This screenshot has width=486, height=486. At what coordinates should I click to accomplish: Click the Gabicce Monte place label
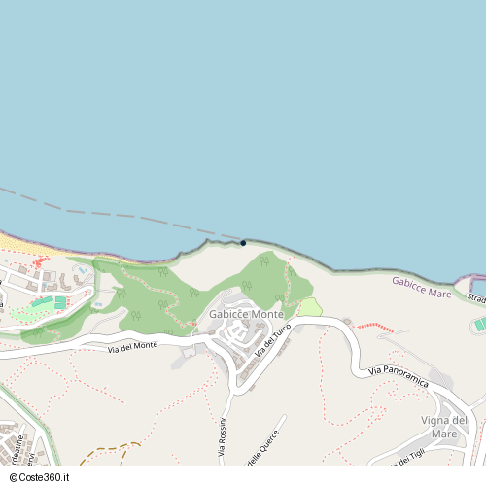pyautogui.click(x=246, y=315)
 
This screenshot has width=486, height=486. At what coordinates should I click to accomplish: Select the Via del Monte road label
pyautogui.click(x=132, y=346)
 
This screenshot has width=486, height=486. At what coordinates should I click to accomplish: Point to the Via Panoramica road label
pyautogui.click(x=399, y=377)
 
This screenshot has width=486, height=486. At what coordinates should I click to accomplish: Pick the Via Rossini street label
pyautogui.click(x=223, y=436)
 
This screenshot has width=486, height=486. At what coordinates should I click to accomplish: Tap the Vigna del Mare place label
pyautogui.click(x=445, y=426)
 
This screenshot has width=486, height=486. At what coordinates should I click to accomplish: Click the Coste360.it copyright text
pyautogui.click(x=41, y=478)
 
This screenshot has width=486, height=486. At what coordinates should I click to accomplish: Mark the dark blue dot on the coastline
pyautogui.click(x=243, y=243)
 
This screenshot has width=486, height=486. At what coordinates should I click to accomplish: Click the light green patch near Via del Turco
pyautogui.click(x=310, y=307)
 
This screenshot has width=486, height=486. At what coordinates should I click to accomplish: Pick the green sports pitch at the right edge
pyautogui.click(x=479, y=324)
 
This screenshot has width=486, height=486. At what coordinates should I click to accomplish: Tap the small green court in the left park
pyautogui.click(x=60, y=303)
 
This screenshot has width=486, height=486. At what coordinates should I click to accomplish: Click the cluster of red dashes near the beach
pyautogui.click(x=39, y=262)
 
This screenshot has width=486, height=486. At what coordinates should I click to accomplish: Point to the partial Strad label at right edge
pyautogui.click(x=476, y=296)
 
